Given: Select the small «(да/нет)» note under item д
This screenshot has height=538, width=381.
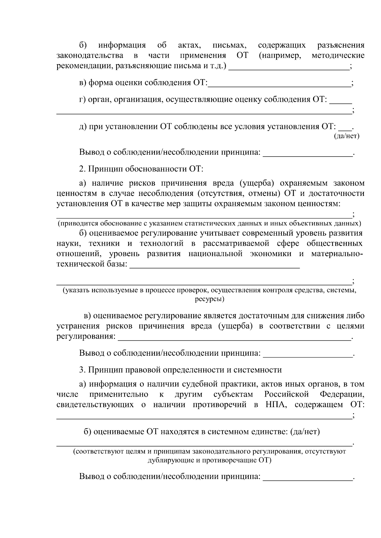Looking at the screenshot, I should pyautogui.click(x=346, y=136).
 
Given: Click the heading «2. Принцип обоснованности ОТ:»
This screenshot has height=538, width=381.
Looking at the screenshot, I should pyautogui.click(x=141, y=169).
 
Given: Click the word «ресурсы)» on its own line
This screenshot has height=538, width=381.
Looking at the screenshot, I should pyautogui.click(x=210, y=299).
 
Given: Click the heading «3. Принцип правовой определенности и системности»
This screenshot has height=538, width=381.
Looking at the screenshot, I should pyautogui.click(x=180, y=370).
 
